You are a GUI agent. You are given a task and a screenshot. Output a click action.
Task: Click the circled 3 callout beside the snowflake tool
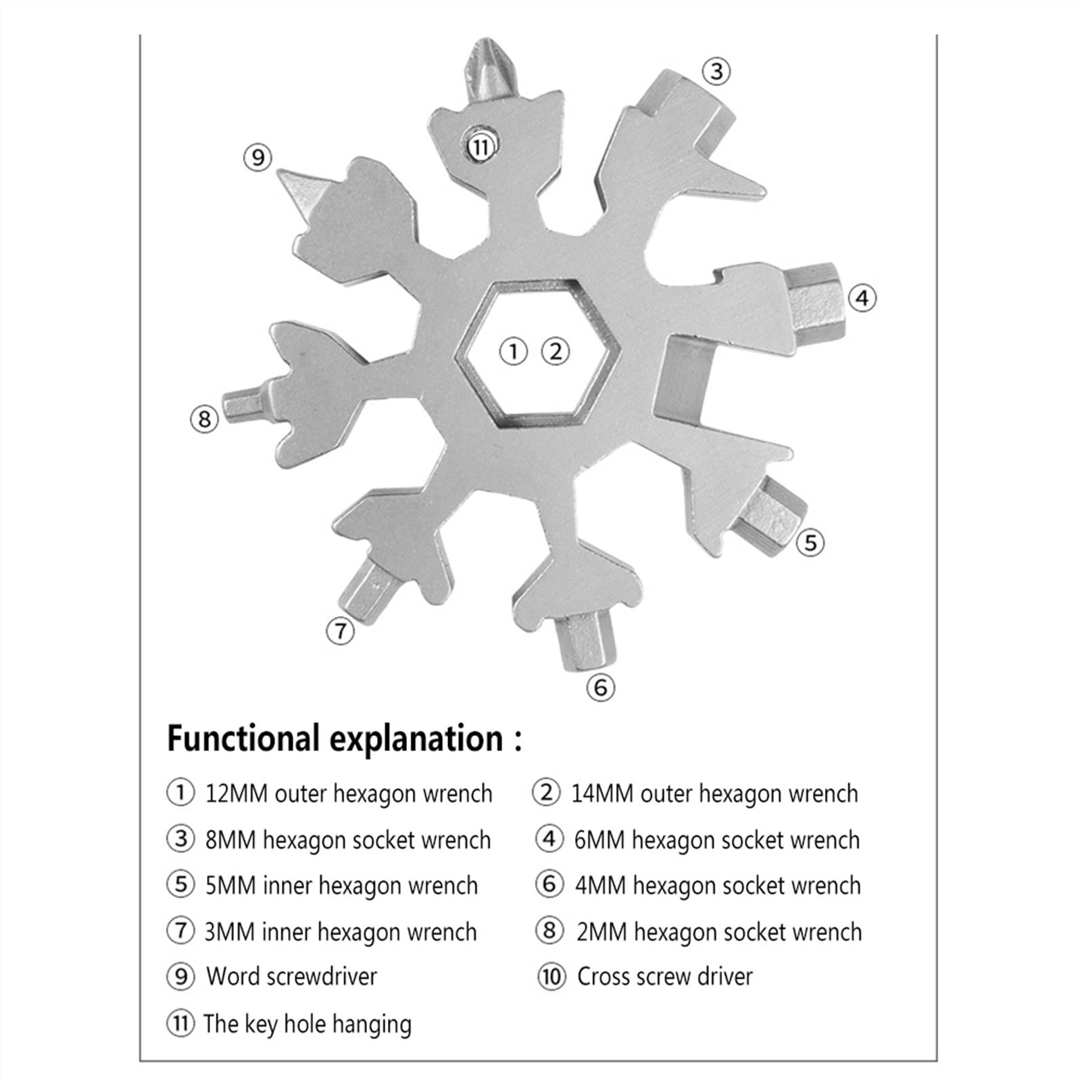[716, 71]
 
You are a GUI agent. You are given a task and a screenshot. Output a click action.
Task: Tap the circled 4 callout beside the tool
[862, 298]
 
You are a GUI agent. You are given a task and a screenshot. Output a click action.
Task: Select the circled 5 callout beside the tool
[810, 542]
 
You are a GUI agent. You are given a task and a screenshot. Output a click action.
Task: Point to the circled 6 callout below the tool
[601, 687]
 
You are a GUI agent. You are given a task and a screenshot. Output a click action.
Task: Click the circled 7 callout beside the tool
[340, 631]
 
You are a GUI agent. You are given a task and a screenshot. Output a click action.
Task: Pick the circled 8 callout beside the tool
[204, 419]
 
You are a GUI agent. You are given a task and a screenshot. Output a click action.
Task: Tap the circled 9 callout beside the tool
[257, 157]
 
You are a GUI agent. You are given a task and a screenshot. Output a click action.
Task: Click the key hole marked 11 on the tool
[480, 145]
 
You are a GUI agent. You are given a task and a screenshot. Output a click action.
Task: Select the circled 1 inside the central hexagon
[514, 351]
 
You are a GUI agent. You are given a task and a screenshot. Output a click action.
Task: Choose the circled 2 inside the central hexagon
[556, 351]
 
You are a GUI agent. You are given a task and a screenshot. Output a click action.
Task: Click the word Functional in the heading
[243, 738]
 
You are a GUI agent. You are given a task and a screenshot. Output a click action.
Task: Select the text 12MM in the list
[236, 793]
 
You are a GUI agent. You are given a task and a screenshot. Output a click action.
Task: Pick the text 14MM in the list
[602, 793]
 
